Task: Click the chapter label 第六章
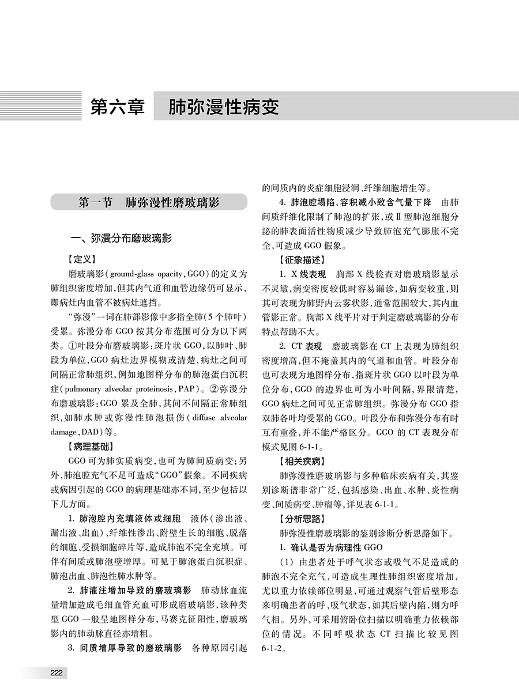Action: pos(118,108)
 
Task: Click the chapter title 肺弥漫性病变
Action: pos(224,108)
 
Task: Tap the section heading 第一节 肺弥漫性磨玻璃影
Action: pos(149,203)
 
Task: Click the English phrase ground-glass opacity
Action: pos(143,274)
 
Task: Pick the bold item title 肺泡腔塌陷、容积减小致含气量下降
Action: pos(362,203)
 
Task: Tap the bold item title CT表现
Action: pos(305,346)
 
